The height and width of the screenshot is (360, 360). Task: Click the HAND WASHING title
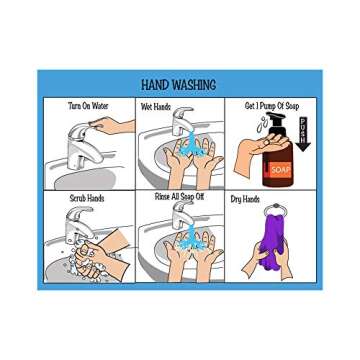(180, 86)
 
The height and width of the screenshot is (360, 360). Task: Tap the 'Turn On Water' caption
(87, 105)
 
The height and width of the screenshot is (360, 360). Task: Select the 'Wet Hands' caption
(155, 105)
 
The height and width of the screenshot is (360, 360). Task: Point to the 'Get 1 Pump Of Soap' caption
(264, 105)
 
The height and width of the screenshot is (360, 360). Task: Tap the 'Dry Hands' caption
(245, 199)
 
